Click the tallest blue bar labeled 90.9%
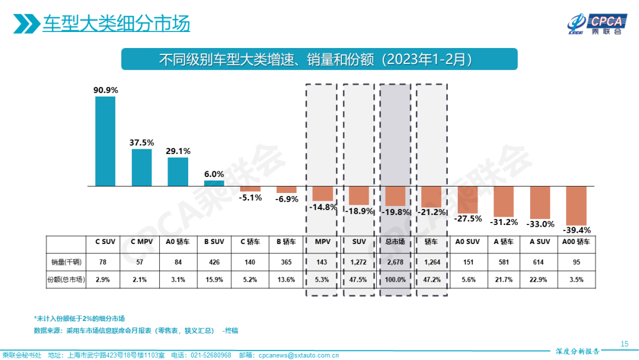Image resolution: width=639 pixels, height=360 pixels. (x=105, y=141)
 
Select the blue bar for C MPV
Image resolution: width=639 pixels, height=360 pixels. (x=141, y=167)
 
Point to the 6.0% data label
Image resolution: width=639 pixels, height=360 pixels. (x=214, y=174)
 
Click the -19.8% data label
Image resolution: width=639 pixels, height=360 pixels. (x=395, y=212)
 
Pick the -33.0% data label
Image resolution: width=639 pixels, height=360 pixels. (x=540, y=224)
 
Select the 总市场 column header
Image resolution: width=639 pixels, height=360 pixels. (x=395, y=242)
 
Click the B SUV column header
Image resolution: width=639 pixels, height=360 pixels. (x=214, y=242)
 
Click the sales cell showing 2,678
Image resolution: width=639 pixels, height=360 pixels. (x=395, y=261)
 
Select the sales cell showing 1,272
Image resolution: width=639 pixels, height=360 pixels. (x=359, y=261)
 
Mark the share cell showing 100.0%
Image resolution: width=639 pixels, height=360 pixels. (x=395, y=279)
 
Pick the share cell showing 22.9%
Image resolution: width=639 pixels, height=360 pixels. (x=540, y=279)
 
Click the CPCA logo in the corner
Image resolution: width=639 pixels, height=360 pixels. (x=595, y=24)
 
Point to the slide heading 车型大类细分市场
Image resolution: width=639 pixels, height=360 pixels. (x=116, y=24)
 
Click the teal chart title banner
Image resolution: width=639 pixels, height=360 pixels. (x=319, y=59)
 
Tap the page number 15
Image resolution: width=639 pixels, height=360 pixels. (x=624, y=343)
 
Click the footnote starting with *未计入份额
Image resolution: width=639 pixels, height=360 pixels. (x=79, y=318)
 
